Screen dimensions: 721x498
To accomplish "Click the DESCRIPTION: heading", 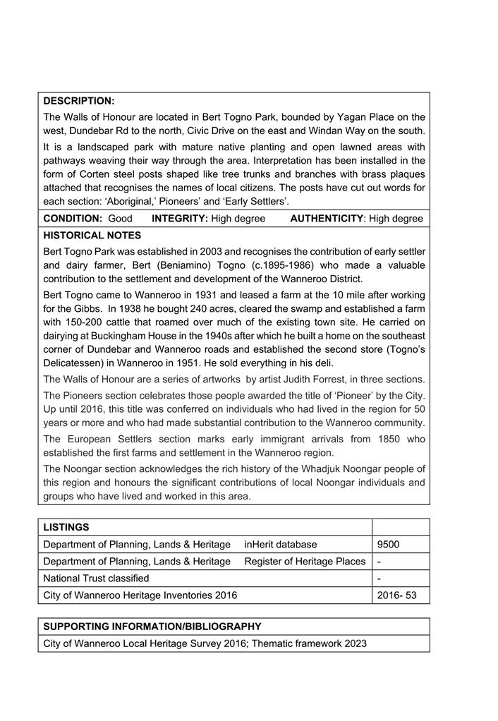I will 78,101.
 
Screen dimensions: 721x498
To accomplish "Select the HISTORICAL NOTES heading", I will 92,236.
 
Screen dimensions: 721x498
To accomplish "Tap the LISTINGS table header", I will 66,527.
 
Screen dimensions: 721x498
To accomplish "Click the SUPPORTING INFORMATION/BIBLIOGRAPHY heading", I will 152,626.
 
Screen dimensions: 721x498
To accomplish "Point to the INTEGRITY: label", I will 179,219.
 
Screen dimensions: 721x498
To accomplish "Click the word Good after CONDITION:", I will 120,219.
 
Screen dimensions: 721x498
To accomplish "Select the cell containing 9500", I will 389,545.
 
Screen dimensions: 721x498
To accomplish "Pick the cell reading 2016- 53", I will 396,595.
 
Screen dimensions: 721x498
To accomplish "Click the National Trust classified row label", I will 96,578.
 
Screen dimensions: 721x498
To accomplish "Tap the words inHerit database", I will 281,545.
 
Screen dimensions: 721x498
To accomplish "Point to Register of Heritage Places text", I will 305,562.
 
